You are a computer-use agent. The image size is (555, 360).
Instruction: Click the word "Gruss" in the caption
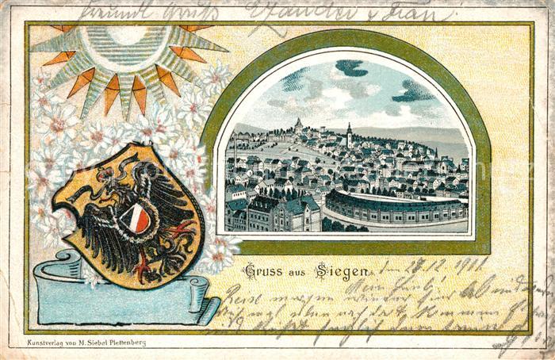[262, 271]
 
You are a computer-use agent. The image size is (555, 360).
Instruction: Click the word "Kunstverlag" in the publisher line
[47, 343]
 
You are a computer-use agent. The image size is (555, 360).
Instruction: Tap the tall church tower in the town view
[349, 136]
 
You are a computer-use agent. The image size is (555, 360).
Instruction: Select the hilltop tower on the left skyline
[298, 124]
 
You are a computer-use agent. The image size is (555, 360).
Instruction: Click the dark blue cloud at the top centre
[351, 68]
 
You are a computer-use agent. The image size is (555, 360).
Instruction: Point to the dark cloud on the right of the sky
[413, 92]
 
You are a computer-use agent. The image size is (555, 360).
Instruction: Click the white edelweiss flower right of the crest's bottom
[218, 254]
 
